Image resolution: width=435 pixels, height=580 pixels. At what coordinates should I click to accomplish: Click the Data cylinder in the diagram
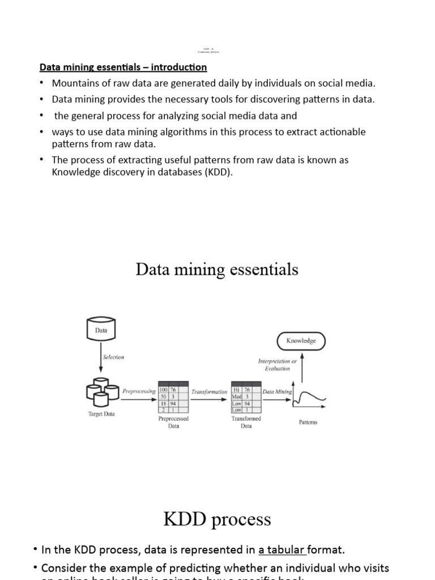pos(101,329)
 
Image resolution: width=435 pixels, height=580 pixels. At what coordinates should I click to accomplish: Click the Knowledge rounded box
pos(301,341)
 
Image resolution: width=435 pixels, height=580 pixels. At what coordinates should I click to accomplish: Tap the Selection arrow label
pos(113,357)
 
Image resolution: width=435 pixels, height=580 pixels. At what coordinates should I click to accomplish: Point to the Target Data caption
pos(101,414)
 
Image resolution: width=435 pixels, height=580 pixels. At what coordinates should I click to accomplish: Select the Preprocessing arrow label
pos(139,391)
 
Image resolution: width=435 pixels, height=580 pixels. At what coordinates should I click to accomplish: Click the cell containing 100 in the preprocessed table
pos(163,390)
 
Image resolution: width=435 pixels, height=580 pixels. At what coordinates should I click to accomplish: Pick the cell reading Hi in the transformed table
pos(237,390)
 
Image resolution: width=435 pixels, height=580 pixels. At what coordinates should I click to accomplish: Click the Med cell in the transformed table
pos(237,396)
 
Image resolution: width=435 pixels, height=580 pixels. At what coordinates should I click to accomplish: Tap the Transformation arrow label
pos(209,391)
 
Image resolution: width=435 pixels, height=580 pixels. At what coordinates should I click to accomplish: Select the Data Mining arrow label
pos(277,391)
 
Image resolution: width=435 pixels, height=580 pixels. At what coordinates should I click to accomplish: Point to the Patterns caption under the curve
pos(308,422)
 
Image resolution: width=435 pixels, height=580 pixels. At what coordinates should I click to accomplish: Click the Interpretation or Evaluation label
pos(277,364)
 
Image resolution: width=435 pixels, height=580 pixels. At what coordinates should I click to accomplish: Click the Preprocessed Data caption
pos(173,422)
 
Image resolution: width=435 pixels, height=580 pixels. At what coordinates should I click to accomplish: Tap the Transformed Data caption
pos(246,422)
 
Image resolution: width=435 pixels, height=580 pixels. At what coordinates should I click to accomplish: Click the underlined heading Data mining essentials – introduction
pos(123,67)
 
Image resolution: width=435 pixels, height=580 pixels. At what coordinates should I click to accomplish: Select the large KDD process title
pos(217,519)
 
